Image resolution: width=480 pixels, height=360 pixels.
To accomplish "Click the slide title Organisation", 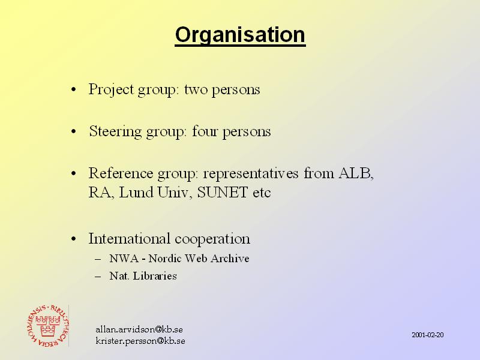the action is (241, 36).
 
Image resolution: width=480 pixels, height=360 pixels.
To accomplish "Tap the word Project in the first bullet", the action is (112, 90).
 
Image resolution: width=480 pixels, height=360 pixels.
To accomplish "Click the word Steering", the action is (115, 132).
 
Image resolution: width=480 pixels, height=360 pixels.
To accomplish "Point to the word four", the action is (205, 131).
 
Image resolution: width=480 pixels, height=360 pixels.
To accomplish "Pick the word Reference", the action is (121, 173).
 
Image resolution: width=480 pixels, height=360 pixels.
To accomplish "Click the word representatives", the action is (251, 174).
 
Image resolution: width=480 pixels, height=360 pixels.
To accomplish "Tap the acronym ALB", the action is (356, 173).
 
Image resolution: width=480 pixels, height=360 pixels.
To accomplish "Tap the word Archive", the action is (230, 259).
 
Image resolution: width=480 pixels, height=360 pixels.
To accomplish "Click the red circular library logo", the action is (48, 326).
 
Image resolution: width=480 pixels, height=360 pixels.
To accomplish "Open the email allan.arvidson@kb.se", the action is (139, 329).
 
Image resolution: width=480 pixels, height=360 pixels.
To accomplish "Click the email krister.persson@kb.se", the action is (140, 341).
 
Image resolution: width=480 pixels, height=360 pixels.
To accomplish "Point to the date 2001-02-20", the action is (428, 335).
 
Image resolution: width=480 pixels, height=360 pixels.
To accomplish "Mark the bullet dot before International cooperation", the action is (73, 239).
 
